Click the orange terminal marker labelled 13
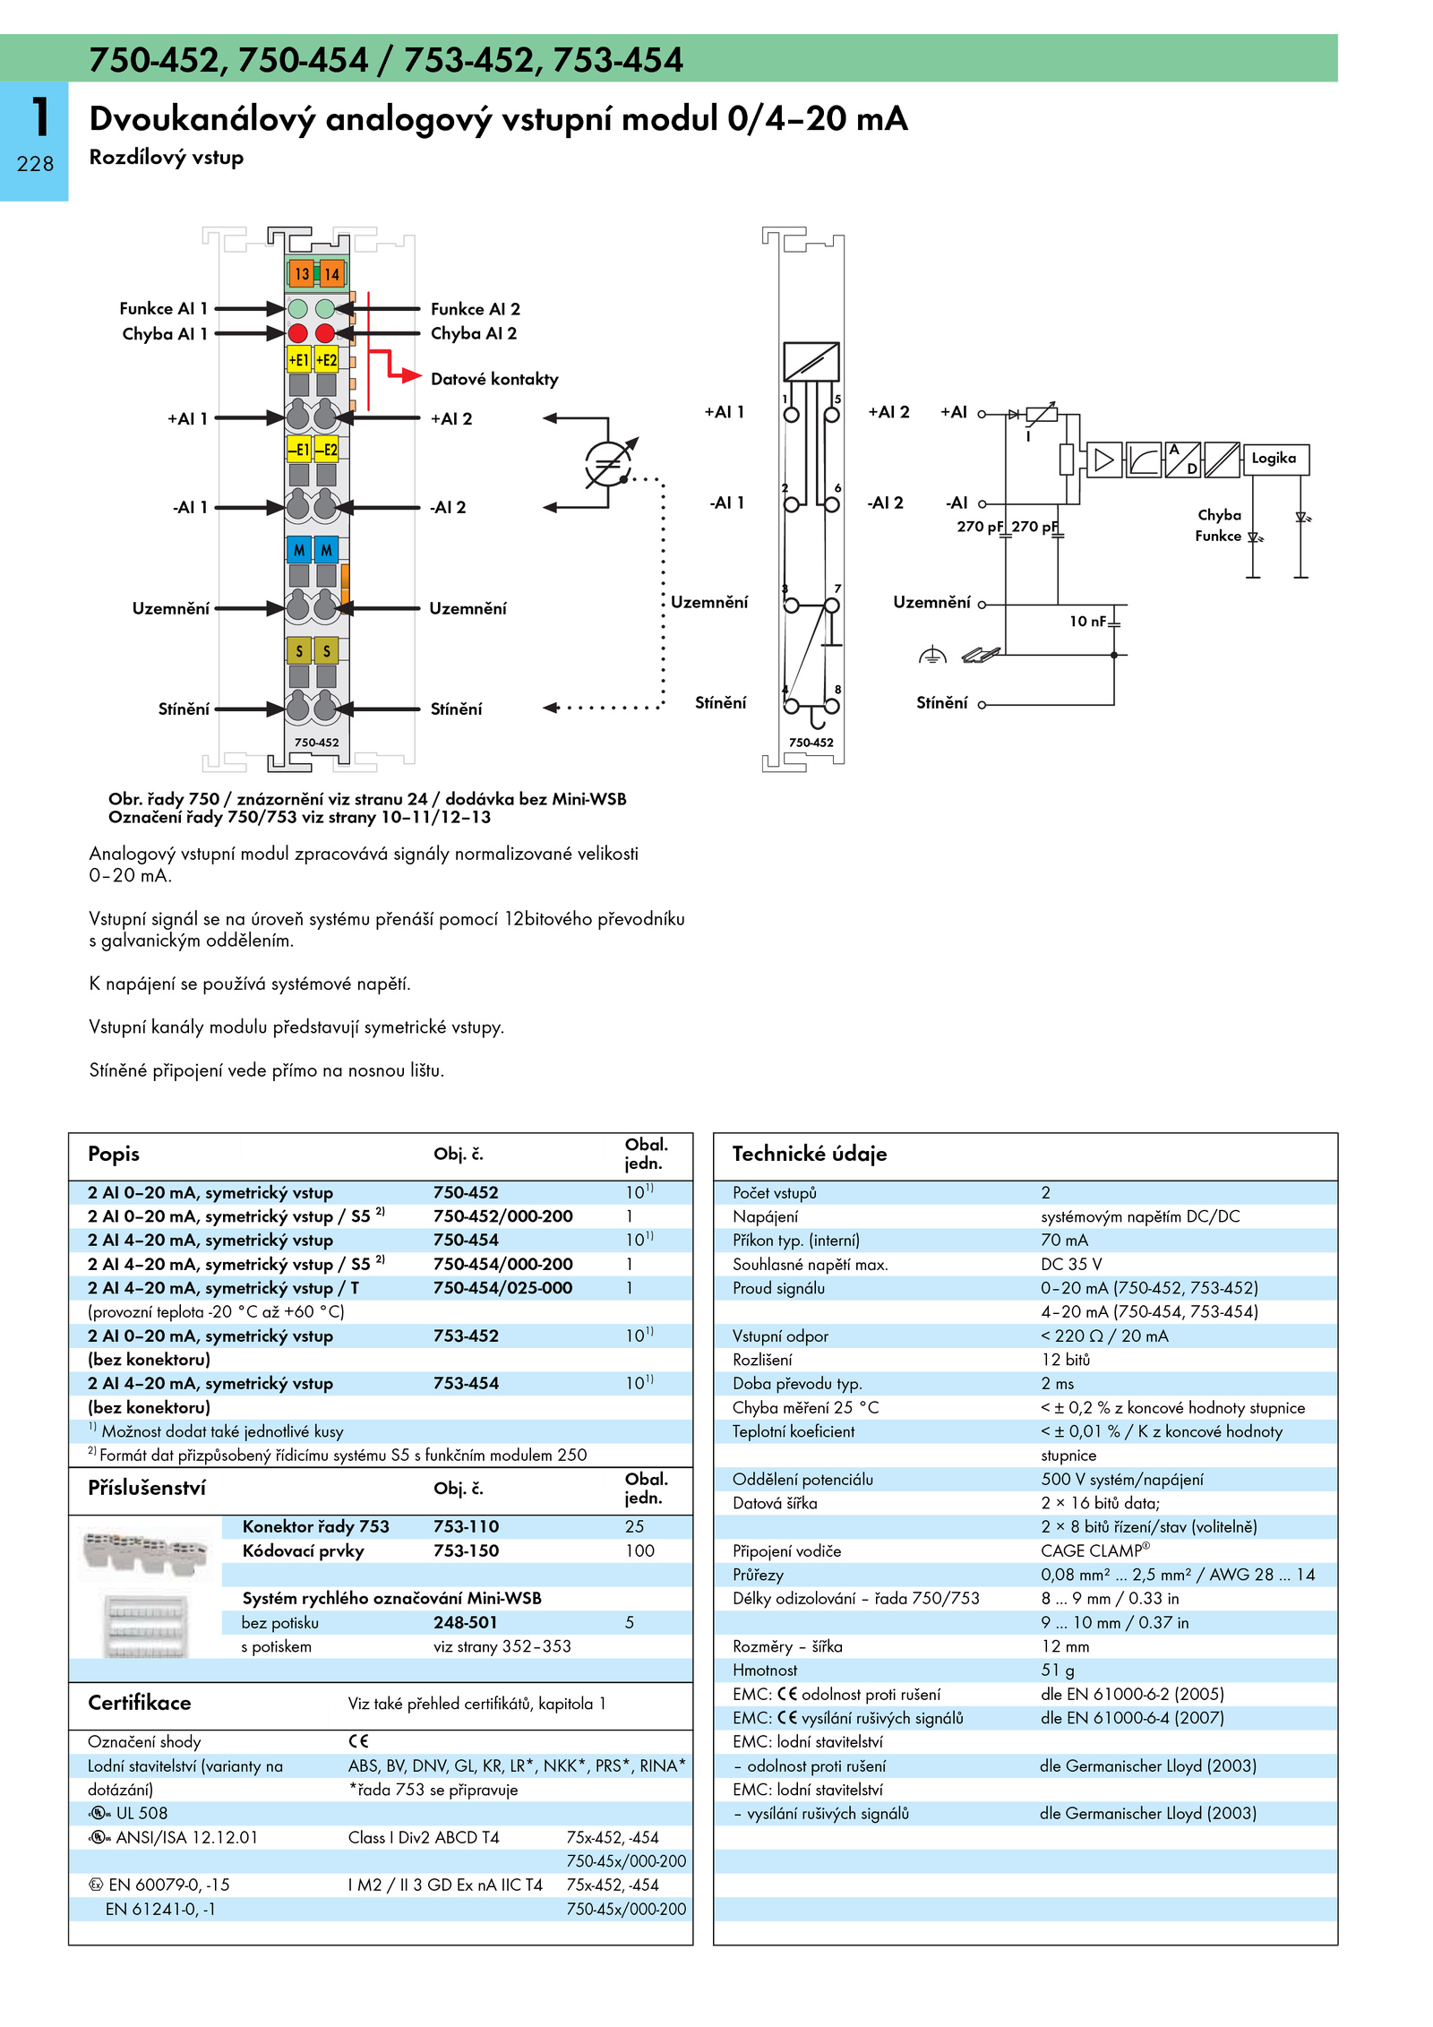(x=301, y=273)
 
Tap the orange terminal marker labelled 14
(x=331, y=273)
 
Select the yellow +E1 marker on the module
(x=298, y=359)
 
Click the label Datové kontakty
(x=494, y=379)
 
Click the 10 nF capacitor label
(x=1088, y=621)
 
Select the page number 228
(x=35, y=164)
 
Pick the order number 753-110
(x=466, y=1526)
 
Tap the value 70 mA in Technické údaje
(x=1064, y=1241)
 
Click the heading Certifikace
(x=140, y=1703)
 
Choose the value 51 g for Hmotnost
(x=1058, y=1670)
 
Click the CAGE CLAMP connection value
(x=1094, y=1550)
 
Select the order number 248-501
(x=466, y=1622)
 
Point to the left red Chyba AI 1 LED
(x=298, y=333)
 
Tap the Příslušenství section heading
(x=147, y=1488)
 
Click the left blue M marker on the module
(x=298, y=549)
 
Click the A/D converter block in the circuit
(x=1183, y=460)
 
